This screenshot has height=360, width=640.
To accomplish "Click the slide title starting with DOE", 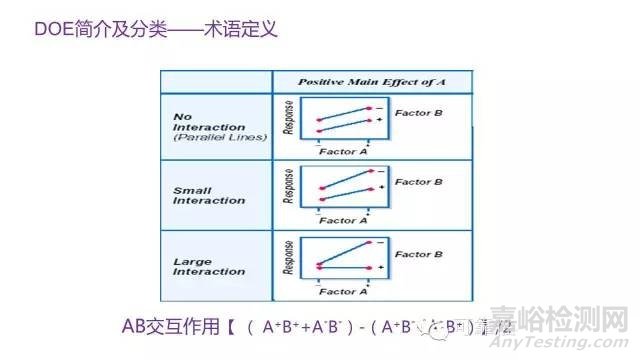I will [141, 30].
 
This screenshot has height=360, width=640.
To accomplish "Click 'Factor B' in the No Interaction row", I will [419, 113].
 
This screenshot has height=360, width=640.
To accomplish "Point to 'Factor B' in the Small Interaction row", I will [419, 183].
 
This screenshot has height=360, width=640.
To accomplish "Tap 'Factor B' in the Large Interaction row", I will [419, 253].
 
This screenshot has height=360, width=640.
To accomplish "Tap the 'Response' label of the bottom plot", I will [290, 258].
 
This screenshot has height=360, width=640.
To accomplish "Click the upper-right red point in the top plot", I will [369, 106].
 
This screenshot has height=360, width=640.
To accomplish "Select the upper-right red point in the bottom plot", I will [369, 243].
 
